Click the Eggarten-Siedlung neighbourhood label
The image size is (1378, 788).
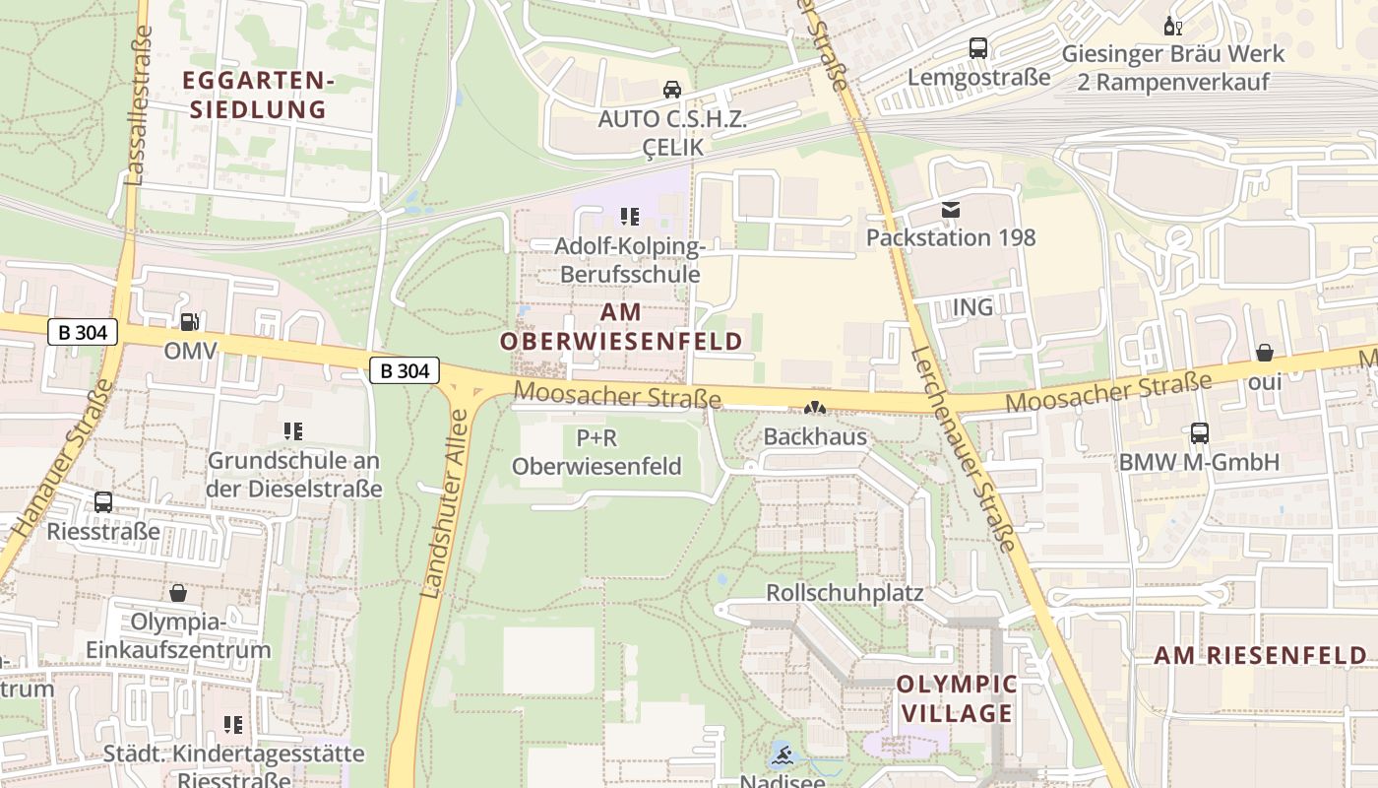pyautogui.click(x=258, y=95)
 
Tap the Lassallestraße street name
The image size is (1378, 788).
pyautogui.click(x=139, y=106)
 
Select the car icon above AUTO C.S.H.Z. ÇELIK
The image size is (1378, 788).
pyautogui.click(x=672, y=90)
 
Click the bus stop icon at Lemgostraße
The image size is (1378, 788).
pyautogui.click(x=977, y=47)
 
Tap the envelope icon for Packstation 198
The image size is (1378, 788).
pyautogui.click(x=950, y=209)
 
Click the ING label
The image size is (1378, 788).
pyautogui.click(x=972, y=307)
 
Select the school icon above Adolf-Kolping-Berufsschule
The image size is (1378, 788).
pyautogui.click(x=629, y=216)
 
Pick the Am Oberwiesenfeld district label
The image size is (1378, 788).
pyautogui.click(x=621, y=327)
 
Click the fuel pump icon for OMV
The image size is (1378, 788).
pyautogui.click(x=188, y=321)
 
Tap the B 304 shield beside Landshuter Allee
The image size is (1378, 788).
pyautogui.click(x=405, y=370)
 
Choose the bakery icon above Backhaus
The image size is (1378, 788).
pyautogui.click(x=815, y=408)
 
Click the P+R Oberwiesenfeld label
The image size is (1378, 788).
pyautogui.click(x=596, y=452)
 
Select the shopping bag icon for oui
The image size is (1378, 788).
pyautogui.click(x=1265, y=353)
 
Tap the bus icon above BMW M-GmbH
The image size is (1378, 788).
pyautogui.click(x=1199, y=432)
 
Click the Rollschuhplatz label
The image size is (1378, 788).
pyautogui.click(x=845, y=593)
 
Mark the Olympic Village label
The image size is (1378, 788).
pyautogui.click(x=957, y=698)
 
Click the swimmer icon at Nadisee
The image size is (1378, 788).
pyautogui.click(x=783, y=756)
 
